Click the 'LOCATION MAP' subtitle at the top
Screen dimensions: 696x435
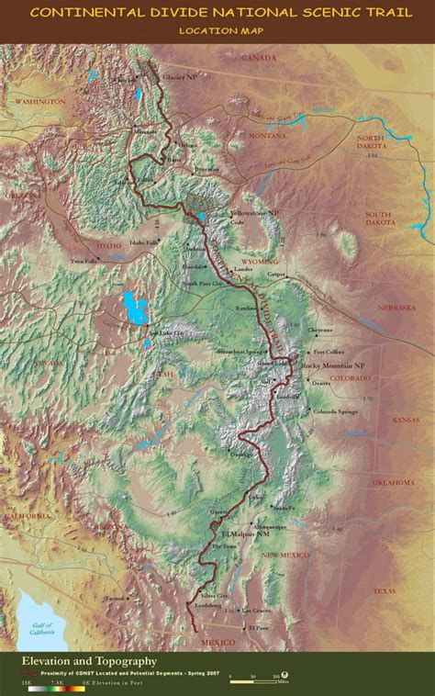tap(217, 30)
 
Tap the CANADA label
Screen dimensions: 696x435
tap(258, 57)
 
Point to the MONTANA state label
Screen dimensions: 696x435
tap(267, 135)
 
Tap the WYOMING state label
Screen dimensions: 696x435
tap(260, 262)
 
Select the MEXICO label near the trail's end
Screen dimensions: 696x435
tap(217, 641)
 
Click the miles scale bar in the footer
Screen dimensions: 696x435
tap(253, 679)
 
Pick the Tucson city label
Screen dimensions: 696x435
tap(114, 598)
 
